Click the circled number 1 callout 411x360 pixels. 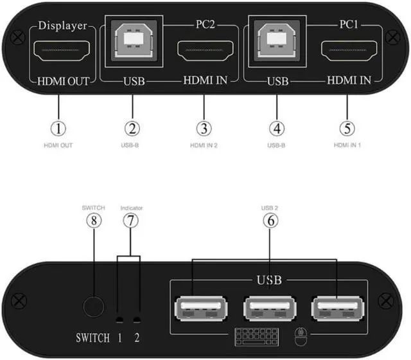point(59,127)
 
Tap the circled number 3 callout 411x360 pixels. point(204,127)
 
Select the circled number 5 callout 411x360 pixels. point(347,127)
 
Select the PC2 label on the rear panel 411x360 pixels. point(204,26)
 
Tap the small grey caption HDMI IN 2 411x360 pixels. point(204,145)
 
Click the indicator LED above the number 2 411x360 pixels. point(136,320)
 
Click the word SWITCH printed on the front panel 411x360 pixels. point(92,338)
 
